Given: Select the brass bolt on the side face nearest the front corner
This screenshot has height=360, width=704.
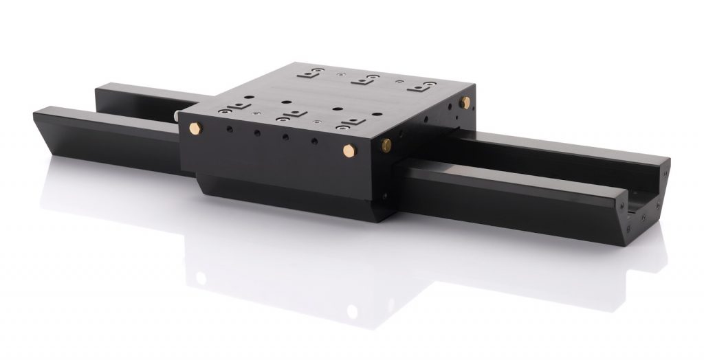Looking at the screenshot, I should [x=386, y=144].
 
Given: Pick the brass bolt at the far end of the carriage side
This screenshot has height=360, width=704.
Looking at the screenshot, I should [x=465, y=102].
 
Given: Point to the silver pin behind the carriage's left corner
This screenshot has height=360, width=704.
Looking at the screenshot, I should [x=179, y=117].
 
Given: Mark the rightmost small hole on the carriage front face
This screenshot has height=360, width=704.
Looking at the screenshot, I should [x=314, y=142].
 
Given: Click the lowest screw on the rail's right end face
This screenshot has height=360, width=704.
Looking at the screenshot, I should [x=640, y=220].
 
